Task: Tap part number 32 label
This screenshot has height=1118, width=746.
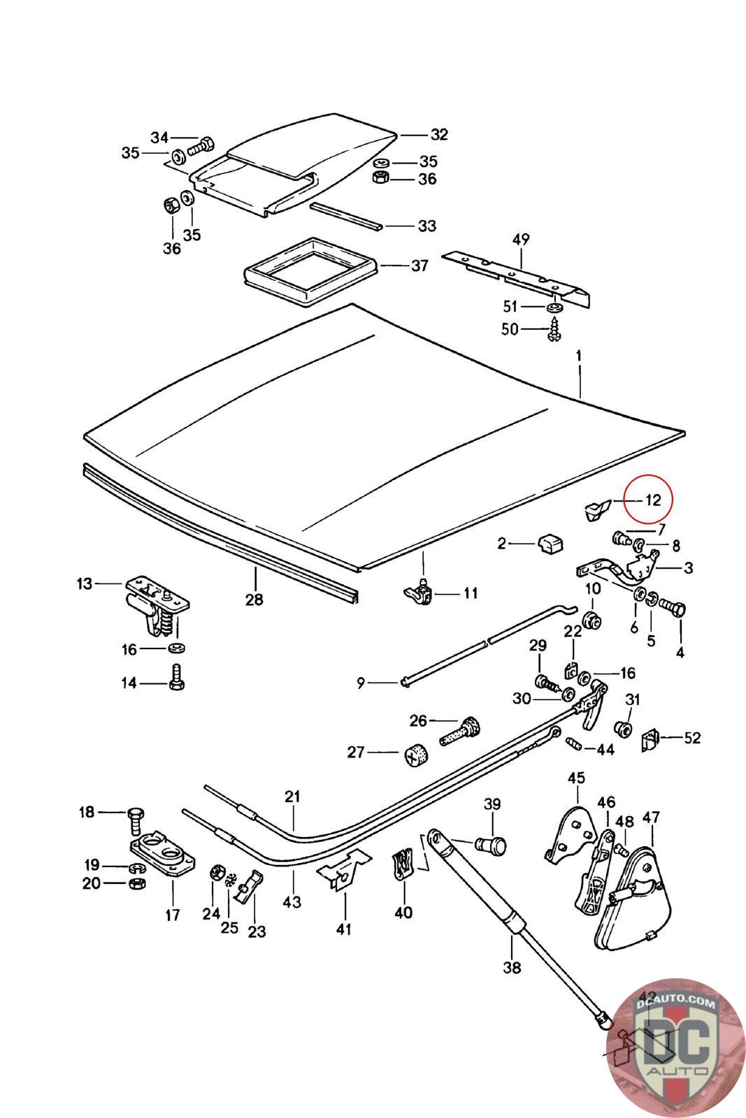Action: pos(438,134)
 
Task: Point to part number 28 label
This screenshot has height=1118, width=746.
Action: pos(254,599)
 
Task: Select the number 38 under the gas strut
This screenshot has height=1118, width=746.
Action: pos(512,968)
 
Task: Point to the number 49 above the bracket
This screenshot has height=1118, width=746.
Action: pos(521,240)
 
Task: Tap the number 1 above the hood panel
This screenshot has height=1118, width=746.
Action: pos(579,356)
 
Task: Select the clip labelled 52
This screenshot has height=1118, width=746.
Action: pos(650,739)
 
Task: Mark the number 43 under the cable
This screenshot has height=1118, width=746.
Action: pos(292,901)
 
